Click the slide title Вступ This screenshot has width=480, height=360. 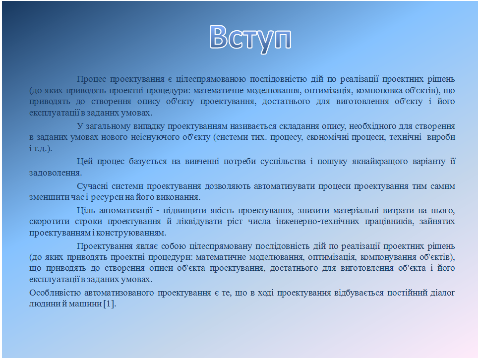[x=250, y=39]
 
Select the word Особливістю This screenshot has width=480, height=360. [x=55, y=293]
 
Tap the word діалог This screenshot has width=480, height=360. [x=442, y=293]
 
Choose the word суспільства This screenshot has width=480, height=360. [x=283, y=161]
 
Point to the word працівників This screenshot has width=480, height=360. [x=388, y=221]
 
